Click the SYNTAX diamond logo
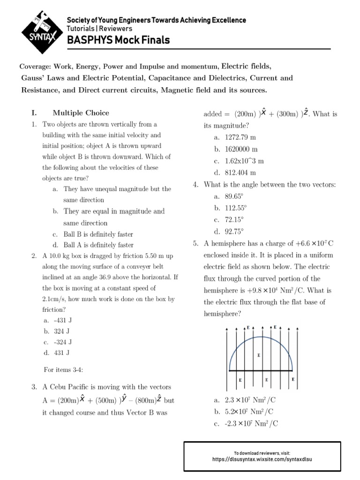point(39,32)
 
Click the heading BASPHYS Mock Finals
point(119,40)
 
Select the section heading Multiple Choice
point(81,112)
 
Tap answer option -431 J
point(63,320)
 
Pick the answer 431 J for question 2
point(61,352)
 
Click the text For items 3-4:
point(63,370)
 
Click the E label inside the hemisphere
point(259,355)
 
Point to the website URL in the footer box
point(262,460)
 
